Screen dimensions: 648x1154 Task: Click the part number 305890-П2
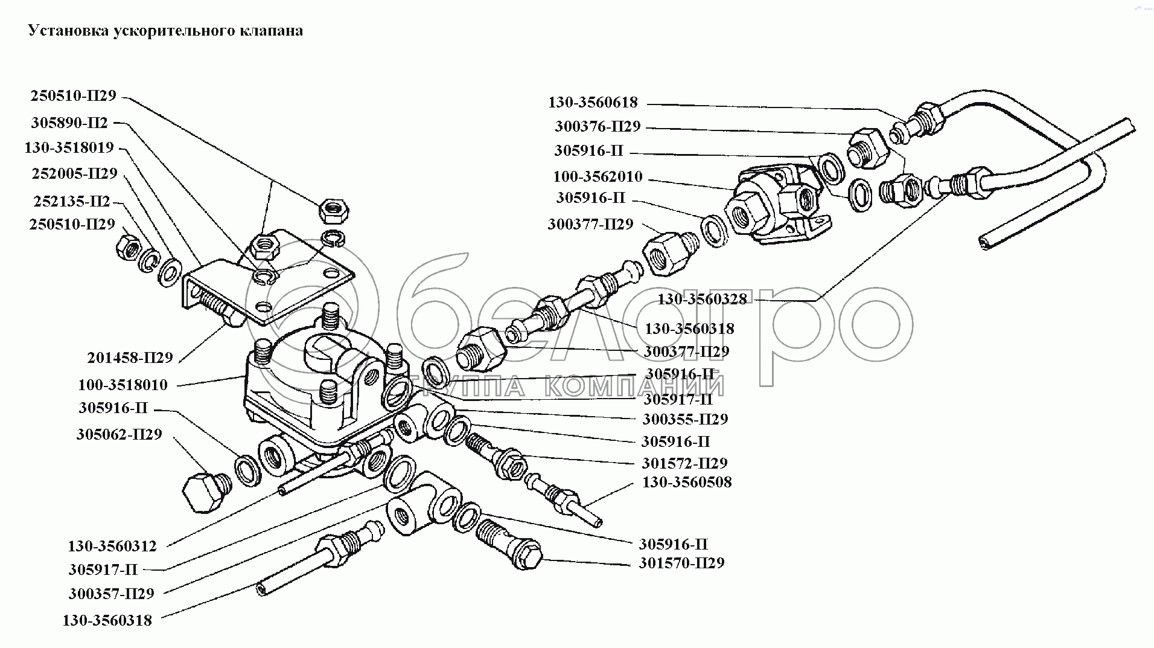coord(69,123)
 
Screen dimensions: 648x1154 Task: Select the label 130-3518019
coord(69,148)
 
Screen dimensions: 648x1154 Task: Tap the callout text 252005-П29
coord(74,174)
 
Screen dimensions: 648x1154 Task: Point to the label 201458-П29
coord(130,358)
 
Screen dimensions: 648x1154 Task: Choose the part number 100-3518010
coord(123,385)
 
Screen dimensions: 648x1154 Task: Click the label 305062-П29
coord(120,434)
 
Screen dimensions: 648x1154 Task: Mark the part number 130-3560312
coord(112,546)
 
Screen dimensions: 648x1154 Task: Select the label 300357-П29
coord(112,593)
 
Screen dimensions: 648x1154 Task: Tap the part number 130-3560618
coord(593,102)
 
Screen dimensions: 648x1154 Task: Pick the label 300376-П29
coord(598,127)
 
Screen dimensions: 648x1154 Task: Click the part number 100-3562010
coord(598,177)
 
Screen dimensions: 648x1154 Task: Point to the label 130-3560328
coord(702,299)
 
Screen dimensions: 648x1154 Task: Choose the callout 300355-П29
coord(685,419)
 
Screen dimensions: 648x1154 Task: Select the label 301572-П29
coord(684,463)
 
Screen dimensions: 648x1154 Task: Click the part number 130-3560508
coord(687,482)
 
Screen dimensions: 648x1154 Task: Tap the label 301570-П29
coord(681,563)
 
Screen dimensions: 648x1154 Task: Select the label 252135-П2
coord(71,200)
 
